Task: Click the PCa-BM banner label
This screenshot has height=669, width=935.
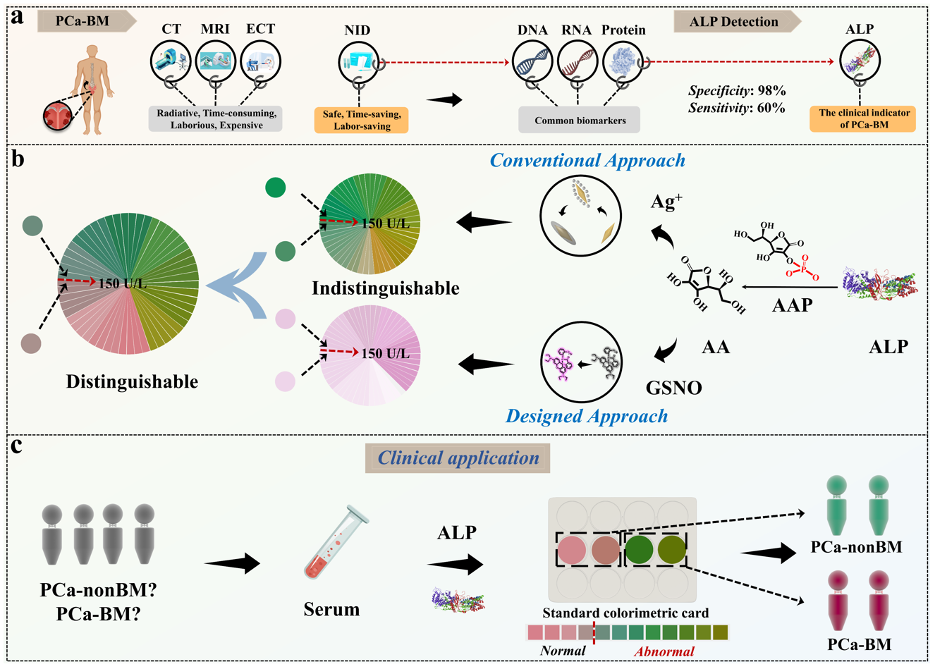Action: (x=84, y=21)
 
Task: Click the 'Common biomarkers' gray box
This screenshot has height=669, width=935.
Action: (x=580, y=121)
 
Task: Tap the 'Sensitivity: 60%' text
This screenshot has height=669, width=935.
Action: (x=737, y=108)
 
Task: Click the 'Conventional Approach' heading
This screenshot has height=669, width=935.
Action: (x=587, y=160)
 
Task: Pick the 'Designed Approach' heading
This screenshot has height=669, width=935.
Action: (x=587, y=416)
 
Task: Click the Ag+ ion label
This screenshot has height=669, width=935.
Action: (x=666, y=203)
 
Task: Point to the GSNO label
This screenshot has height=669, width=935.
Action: (x=673, y=388)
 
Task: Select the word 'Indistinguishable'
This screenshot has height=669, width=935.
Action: (x=385, y=288)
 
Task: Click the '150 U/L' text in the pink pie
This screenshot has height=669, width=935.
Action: (x=385, y=353)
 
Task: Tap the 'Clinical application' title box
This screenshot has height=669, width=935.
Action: (x=458, y=458)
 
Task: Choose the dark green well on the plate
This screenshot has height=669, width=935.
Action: (x=639, y=549)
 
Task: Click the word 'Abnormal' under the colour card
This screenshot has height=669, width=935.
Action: (x=664, y=651)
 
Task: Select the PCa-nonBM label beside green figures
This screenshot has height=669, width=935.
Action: (x=857, y=547)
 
